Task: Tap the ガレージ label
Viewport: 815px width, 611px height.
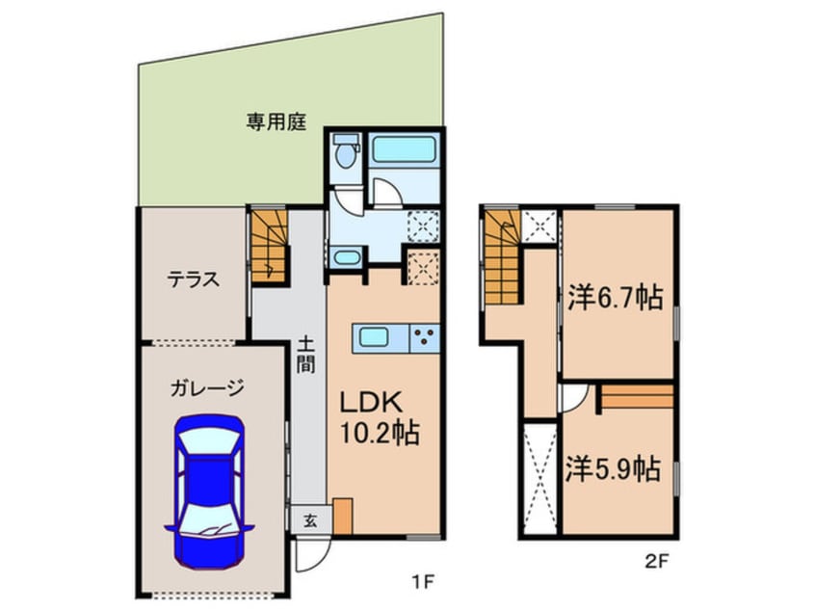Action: point(207,389)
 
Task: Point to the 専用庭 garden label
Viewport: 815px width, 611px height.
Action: point(275,122)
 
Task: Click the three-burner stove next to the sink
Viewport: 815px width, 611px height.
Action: point(424,338)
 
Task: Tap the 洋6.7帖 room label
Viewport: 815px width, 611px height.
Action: point(614,298)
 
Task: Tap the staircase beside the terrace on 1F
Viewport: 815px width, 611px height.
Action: point(269,246)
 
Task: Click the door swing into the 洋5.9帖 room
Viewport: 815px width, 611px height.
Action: point(572,397)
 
